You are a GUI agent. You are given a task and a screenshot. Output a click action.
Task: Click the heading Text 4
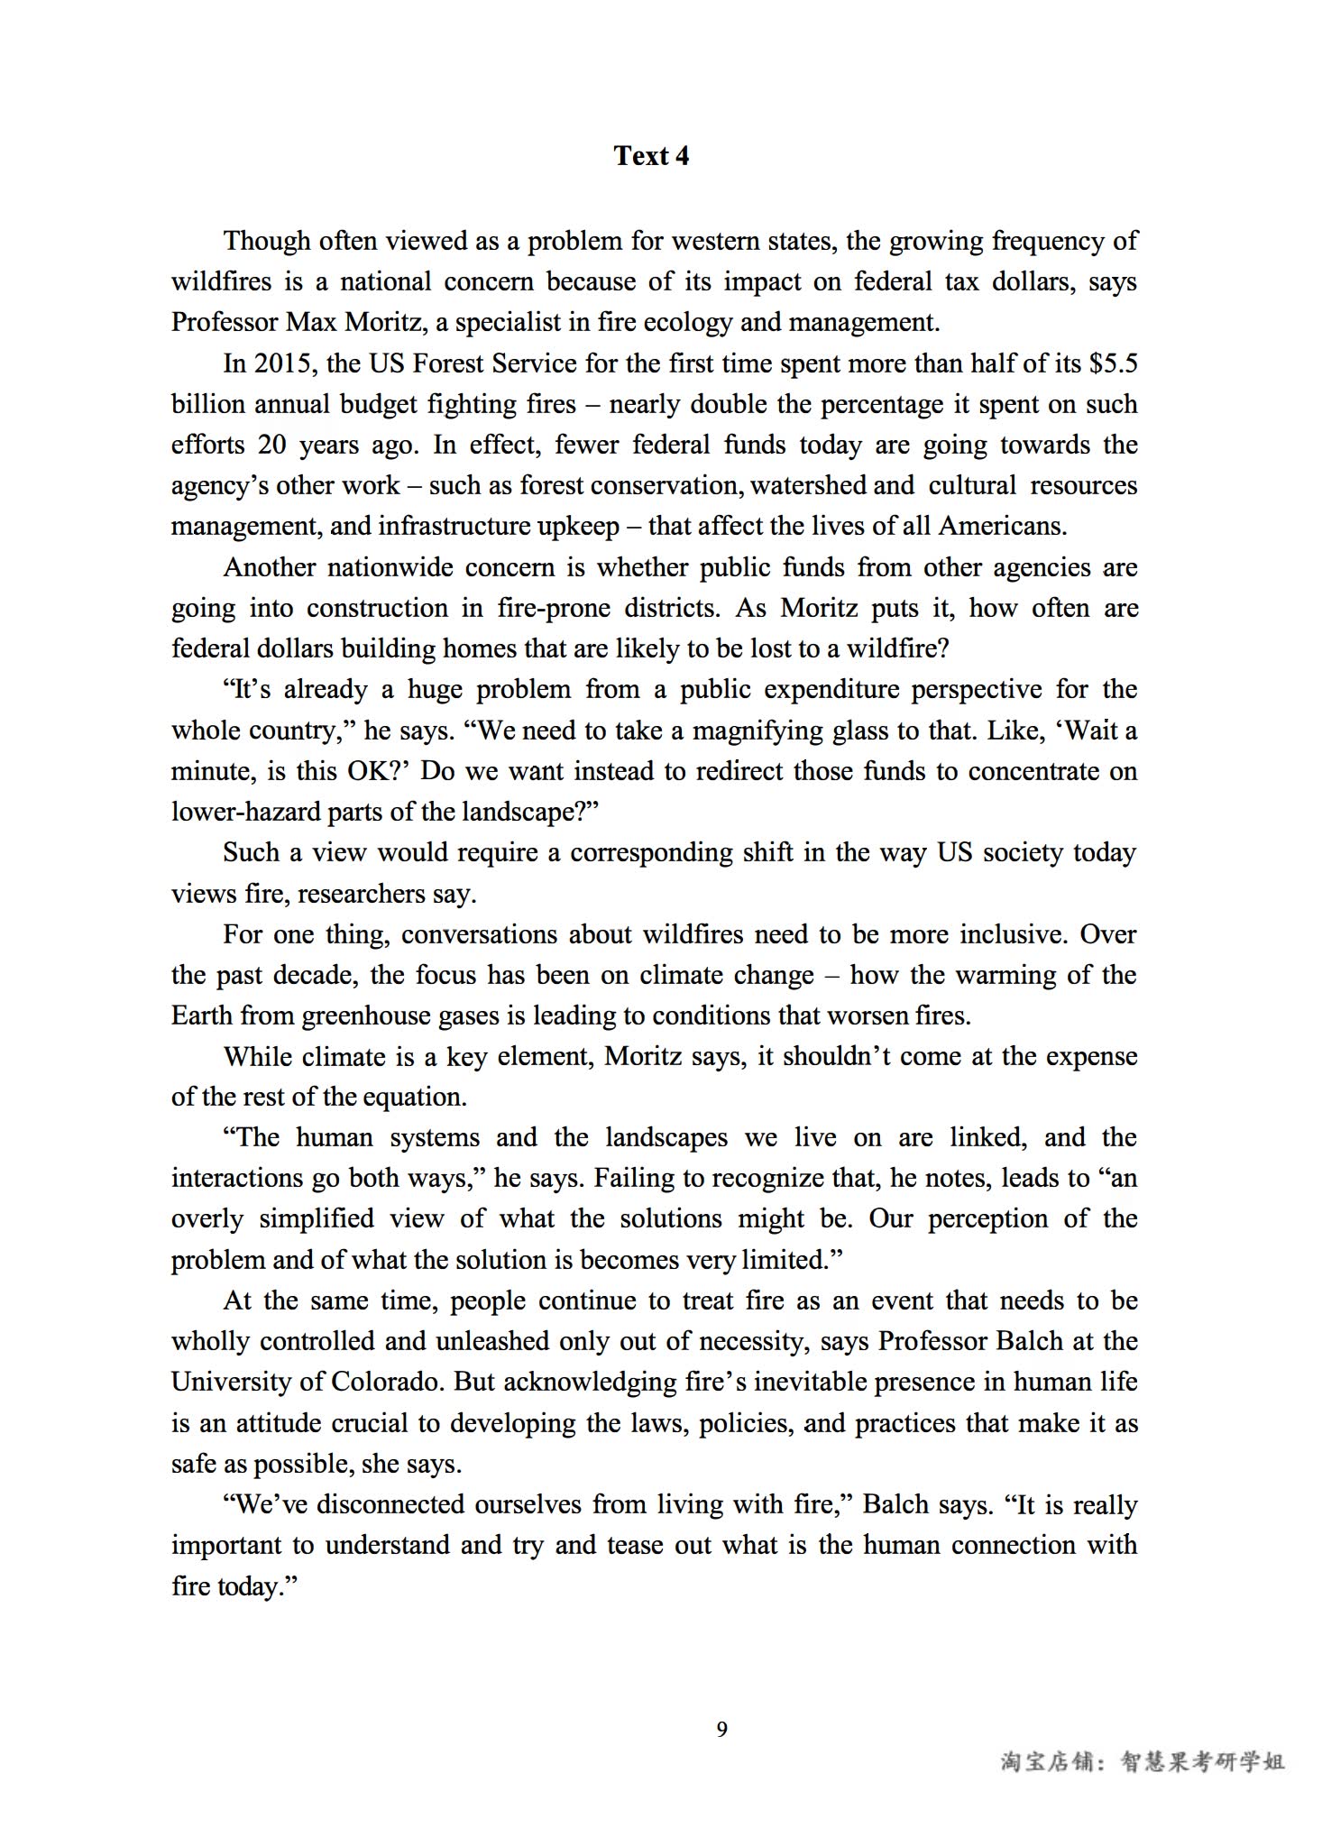pos(651,156)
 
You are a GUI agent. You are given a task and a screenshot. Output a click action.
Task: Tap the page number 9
pos(721,1729)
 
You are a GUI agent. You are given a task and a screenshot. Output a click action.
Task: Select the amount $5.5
pos(1113,363)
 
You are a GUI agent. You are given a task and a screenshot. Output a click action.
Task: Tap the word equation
pos(414,1097)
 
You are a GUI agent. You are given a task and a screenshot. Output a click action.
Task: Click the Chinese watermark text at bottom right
pos(1143,1761)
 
